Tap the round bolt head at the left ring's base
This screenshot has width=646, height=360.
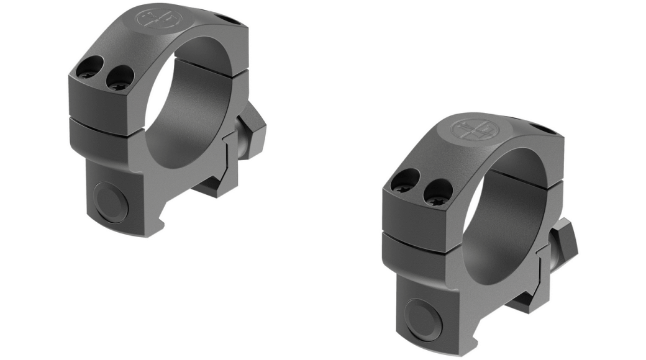click(111, 200)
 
